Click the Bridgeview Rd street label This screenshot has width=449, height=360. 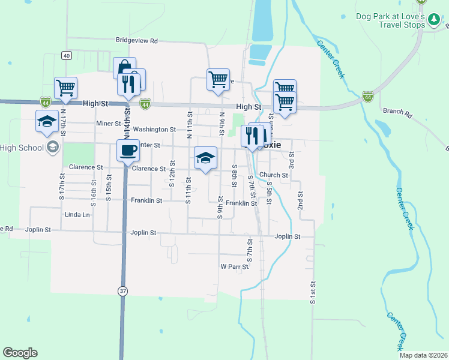(136, 41)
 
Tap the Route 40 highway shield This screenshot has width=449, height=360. (66, 56)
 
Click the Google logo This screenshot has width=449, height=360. (20, 353)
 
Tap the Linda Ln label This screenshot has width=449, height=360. (77, 214)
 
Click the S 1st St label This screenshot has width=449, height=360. (313, 292)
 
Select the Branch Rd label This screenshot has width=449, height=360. (397, 112)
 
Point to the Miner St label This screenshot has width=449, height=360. (109, 124)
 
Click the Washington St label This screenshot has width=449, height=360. (154, 129)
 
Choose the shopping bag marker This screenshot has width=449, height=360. (124, 67)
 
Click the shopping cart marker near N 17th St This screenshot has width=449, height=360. (65, 88)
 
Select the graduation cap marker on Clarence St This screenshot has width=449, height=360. (205, 158)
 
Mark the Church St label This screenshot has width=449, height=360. (274, 175)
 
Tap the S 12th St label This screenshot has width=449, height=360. (172, 173)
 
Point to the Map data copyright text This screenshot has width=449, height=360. (423, 355)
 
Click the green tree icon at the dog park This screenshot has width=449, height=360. (434, 21)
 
